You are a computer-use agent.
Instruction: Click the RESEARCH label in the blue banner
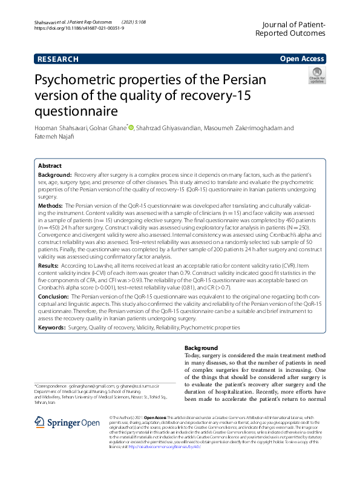pyautogui.click(x=57, y=59)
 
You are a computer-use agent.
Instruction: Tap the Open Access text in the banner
pyautogui.click(x=301, y=59)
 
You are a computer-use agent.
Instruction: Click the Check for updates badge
pyautogui.click(x=316, y=76)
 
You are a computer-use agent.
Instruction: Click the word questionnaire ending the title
pyautogui.click(x=73, y=111)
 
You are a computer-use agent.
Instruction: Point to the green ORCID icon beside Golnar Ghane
pyautogui.click(x=130, y=128)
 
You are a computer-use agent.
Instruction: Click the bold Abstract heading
pyautogui.click(x=50, y=166)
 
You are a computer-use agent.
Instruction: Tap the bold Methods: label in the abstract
pyautogui.click(x=50, y=206)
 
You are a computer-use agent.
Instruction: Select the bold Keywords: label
pyautogui.click(x=52, y=327)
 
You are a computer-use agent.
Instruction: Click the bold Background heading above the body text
pyautogui.click(x=201, y=348)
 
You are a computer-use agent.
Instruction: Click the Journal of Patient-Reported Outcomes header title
pyautogui.click(x=290, y=28)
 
